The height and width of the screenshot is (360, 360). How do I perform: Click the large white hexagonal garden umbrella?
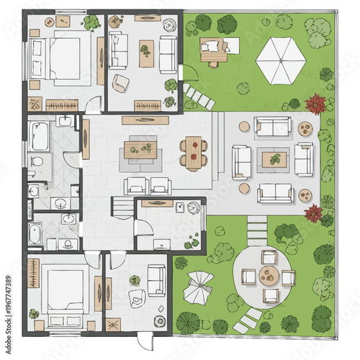280,60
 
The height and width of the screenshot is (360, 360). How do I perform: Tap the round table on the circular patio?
269,275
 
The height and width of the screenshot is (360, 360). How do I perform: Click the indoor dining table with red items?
192,151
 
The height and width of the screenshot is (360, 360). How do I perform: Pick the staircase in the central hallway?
122,209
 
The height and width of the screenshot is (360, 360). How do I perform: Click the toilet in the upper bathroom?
38,160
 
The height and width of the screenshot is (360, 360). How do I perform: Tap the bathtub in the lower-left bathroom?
35,233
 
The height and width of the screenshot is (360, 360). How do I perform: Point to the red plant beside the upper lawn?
315,104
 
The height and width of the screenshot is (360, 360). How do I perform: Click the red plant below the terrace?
313,212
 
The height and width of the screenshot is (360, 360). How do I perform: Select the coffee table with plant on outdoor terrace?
274,159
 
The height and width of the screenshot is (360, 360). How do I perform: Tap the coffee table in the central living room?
140,149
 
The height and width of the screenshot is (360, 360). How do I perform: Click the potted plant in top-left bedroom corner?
91,22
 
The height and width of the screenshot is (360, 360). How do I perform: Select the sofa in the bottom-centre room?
156,279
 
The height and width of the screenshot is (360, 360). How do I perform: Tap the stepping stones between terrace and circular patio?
257,230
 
